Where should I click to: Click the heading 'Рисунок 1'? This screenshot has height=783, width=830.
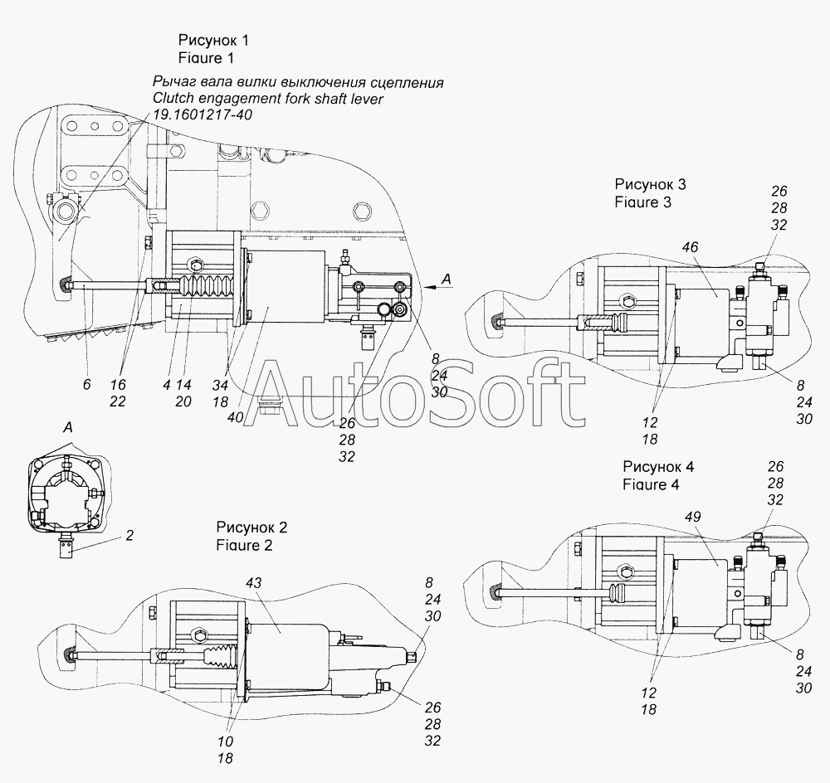(x=212, y=41)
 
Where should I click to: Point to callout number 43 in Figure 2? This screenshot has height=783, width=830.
(x=253, y=584)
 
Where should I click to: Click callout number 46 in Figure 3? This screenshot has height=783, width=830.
(x=691, y=247)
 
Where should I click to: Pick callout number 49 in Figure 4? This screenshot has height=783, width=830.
(x=693, y=517)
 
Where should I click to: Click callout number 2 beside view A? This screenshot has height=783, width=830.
(x=129, y=536)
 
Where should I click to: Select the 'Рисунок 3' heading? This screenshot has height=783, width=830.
(x=650, y=184)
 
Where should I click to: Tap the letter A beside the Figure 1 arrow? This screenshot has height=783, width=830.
(x=446, y=280)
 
